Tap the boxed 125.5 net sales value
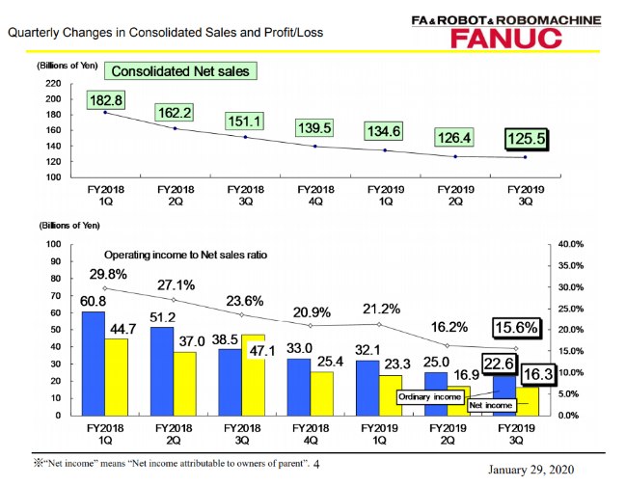(x=526, y=139)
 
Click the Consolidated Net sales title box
(x=180, y=71)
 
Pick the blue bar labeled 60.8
(x=94, y=363)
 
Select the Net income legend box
(x=490, y=406)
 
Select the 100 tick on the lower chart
(x=55, y=245)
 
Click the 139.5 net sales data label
(x=316, y=127)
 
